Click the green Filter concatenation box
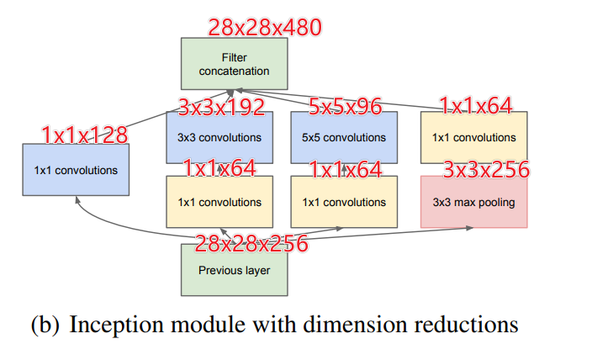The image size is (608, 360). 234,64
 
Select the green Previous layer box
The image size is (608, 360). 234,270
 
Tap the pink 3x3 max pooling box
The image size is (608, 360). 473,202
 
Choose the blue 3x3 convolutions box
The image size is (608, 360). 219,137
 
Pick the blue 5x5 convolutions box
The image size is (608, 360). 343,137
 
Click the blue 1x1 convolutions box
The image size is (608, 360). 77,170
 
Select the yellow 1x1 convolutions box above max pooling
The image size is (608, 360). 473,137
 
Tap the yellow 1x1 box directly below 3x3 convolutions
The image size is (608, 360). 219,202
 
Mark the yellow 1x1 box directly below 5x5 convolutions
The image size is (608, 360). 343,202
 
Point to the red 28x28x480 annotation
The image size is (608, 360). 264,27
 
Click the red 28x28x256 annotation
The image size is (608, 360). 251,244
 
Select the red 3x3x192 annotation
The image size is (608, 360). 221,107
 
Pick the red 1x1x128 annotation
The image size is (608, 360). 85,134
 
